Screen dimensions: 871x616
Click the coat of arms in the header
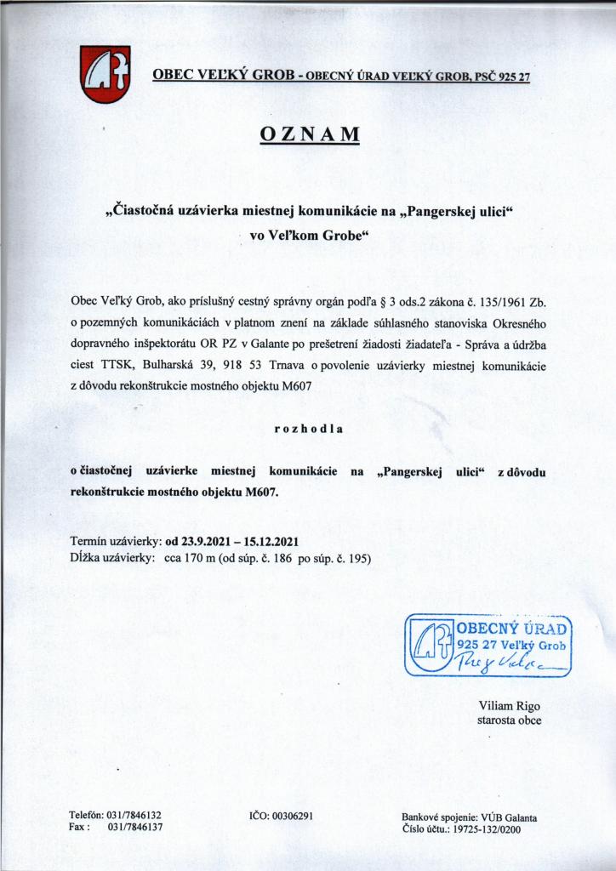point(106,73)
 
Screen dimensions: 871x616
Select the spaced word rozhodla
point(308,429)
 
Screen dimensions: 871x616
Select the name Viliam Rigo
point(510,706)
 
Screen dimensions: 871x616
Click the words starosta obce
point(510,720)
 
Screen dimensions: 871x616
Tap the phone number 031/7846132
point(135,815)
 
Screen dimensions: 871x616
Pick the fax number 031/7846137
point(135,827)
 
